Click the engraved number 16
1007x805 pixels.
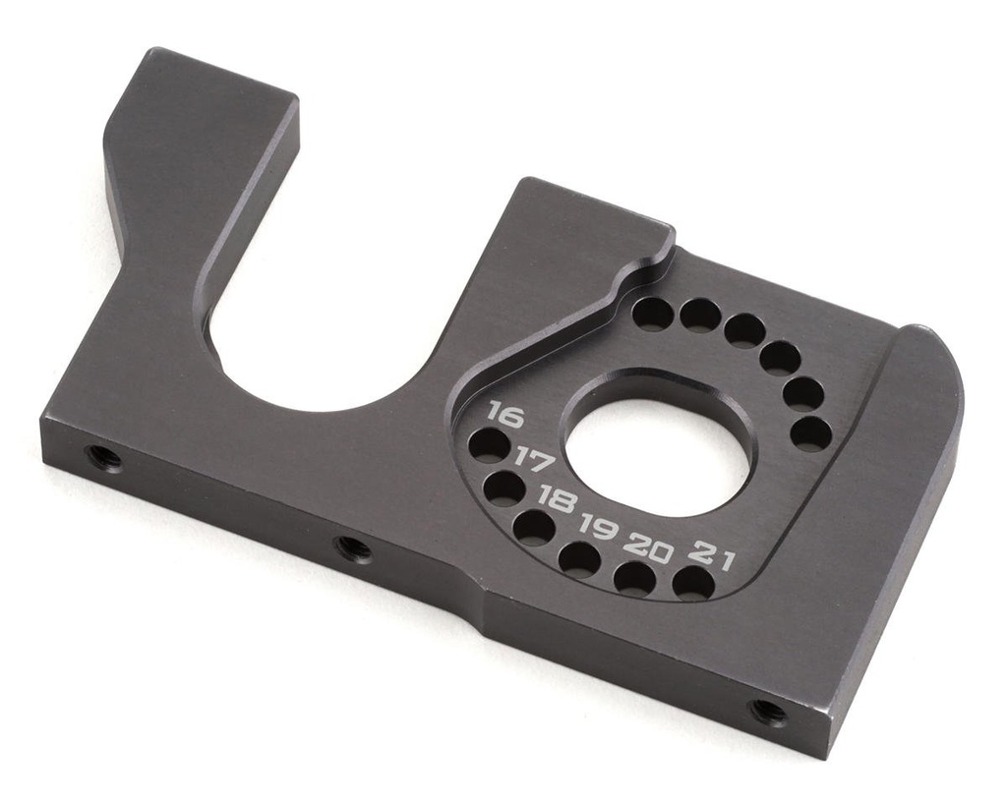504,414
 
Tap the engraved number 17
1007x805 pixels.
536,460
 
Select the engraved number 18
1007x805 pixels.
558,500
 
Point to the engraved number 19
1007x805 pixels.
598,528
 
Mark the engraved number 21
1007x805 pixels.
712,553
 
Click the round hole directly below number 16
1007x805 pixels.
489,445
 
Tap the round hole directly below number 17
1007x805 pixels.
504,488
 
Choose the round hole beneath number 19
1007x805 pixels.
579,559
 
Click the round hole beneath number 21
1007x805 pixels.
693,583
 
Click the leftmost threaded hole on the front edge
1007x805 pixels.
102,457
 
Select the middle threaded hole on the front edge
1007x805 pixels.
354,547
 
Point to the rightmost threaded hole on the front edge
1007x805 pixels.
767,711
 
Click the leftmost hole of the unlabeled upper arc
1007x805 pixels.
653,314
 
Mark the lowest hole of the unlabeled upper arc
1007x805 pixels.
810,433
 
